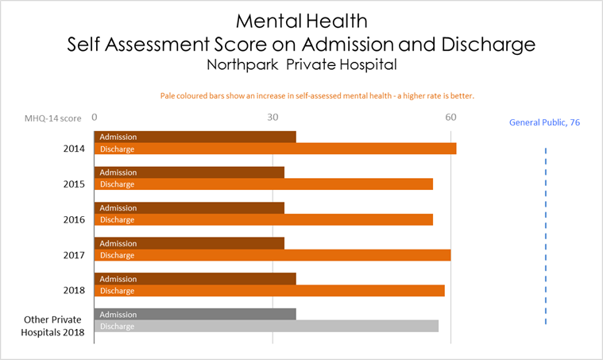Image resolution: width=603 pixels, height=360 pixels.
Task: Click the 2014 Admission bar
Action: click(x=195, y=137)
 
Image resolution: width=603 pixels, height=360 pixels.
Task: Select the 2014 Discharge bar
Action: click(x=276, y=149)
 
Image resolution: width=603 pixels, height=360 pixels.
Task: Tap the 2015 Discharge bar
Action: click(x=264, y=184)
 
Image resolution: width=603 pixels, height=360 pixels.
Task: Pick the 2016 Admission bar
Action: click(x=189, y=207)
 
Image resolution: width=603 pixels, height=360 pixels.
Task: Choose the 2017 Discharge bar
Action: click(x=273, y=255)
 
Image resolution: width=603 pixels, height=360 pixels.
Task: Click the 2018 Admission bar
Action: click(x=195, y=279)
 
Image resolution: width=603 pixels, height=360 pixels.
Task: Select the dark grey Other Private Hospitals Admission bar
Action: click(x=195, y=315)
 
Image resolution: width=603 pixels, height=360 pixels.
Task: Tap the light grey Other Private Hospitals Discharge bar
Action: click(x=266, y=326)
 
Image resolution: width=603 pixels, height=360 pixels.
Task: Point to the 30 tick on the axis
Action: click(x=273, y=117)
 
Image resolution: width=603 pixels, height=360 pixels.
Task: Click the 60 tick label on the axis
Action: click(x=451, y=117)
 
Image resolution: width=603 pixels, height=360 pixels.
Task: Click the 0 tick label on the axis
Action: click(x=95, y=117)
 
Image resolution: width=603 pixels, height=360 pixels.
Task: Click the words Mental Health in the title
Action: click(x=300, y=19)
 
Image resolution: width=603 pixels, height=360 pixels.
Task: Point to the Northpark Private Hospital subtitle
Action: click(x=300, y=64)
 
